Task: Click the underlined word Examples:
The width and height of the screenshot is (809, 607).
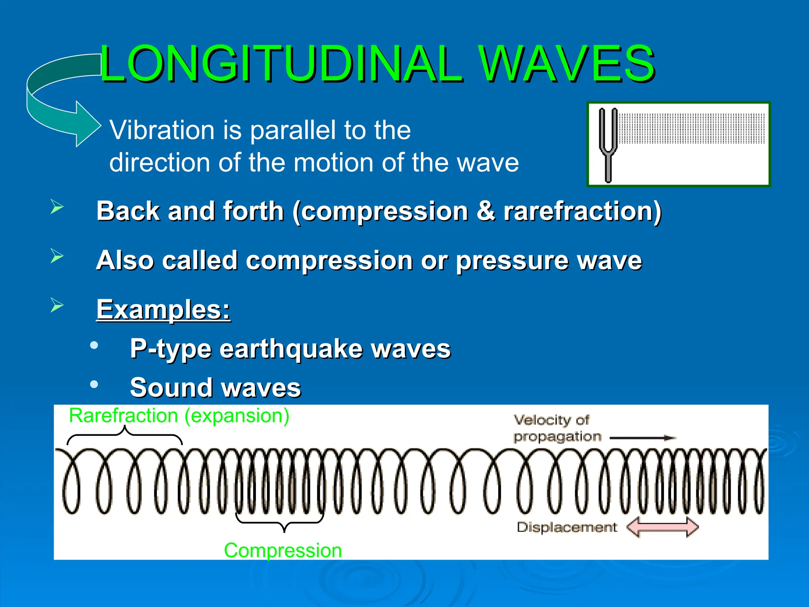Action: pos(163,309)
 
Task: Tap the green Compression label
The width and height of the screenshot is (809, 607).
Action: pos(282,550)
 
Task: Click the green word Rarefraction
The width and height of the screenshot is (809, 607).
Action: pos(123,416)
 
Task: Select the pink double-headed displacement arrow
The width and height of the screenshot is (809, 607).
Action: pos(662,527)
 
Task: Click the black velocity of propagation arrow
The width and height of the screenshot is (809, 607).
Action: pos(643,438)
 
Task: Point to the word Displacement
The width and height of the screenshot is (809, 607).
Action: pos(566,527)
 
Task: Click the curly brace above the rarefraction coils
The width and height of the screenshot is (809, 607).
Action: pos(124,435)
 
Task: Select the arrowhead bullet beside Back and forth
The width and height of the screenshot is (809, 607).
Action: pos(57,207)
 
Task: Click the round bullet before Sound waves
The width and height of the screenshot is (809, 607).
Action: pos(94,384)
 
